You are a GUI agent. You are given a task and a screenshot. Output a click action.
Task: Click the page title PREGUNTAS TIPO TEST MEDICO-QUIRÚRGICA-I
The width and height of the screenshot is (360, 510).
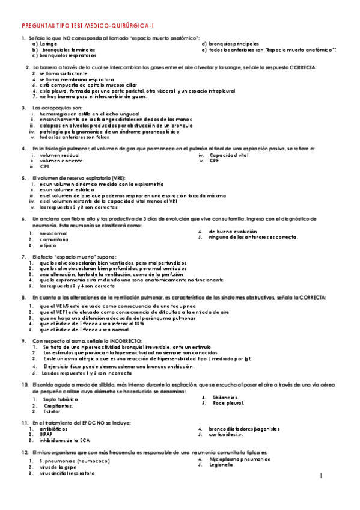pyautogui.click(x=88, y=26)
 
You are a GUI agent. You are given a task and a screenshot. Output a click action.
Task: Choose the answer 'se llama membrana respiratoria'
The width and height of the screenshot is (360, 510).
pyautogui.click(x=73, y=79)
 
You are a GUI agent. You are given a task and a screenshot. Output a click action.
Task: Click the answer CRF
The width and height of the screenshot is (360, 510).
pyautogui.click(x=215, y=161)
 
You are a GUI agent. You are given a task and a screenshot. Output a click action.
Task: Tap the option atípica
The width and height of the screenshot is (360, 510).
pyautogui.click(x=47, y=245)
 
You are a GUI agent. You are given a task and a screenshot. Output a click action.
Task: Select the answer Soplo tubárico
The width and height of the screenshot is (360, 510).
pyautogui.click(x=61, y=399)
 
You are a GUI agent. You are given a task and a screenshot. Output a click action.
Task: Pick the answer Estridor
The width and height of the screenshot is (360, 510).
pyautogui.click(x=51, y=411)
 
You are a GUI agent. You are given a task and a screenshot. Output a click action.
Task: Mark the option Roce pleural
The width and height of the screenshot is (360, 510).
pyautogui.click(x=229, y=403)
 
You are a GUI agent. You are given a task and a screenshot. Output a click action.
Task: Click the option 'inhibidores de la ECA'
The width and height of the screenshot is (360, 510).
pyautogui.click(x=64, y=440)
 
